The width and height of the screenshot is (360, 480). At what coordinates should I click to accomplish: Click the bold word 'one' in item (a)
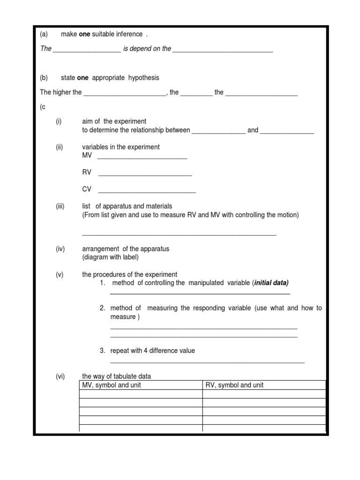click(85, 34)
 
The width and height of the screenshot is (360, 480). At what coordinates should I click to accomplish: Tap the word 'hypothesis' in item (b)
click(144, 78)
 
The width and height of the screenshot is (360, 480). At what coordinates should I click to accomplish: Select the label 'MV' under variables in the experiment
click(87, 155)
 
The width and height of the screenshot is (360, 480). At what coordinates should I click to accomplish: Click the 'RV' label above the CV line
click(87, 172)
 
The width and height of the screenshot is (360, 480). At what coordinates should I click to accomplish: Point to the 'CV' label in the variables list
click(87, 189)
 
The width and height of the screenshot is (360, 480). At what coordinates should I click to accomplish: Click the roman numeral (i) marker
click(59, 121)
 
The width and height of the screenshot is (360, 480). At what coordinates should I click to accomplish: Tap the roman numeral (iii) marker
click(60, 206)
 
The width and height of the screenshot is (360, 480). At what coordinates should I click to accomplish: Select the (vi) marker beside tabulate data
click(60, 376)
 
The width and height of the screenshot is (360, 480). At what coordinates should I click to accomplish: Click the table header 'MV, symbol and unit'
click(112, 385)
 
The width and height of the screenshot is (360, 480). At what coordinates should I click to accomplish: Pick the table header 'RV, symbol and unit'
click(234, 385)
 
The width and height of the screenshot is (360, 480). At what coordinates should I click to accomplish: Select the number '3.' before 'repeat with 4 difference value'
click(102, 351)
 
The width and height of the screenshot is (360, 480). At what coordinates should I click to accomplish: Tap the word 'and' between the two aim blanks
click(253, 130)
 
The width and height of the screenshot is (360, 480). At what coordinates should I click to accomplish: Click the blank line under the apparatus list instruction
click(179, 233)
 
